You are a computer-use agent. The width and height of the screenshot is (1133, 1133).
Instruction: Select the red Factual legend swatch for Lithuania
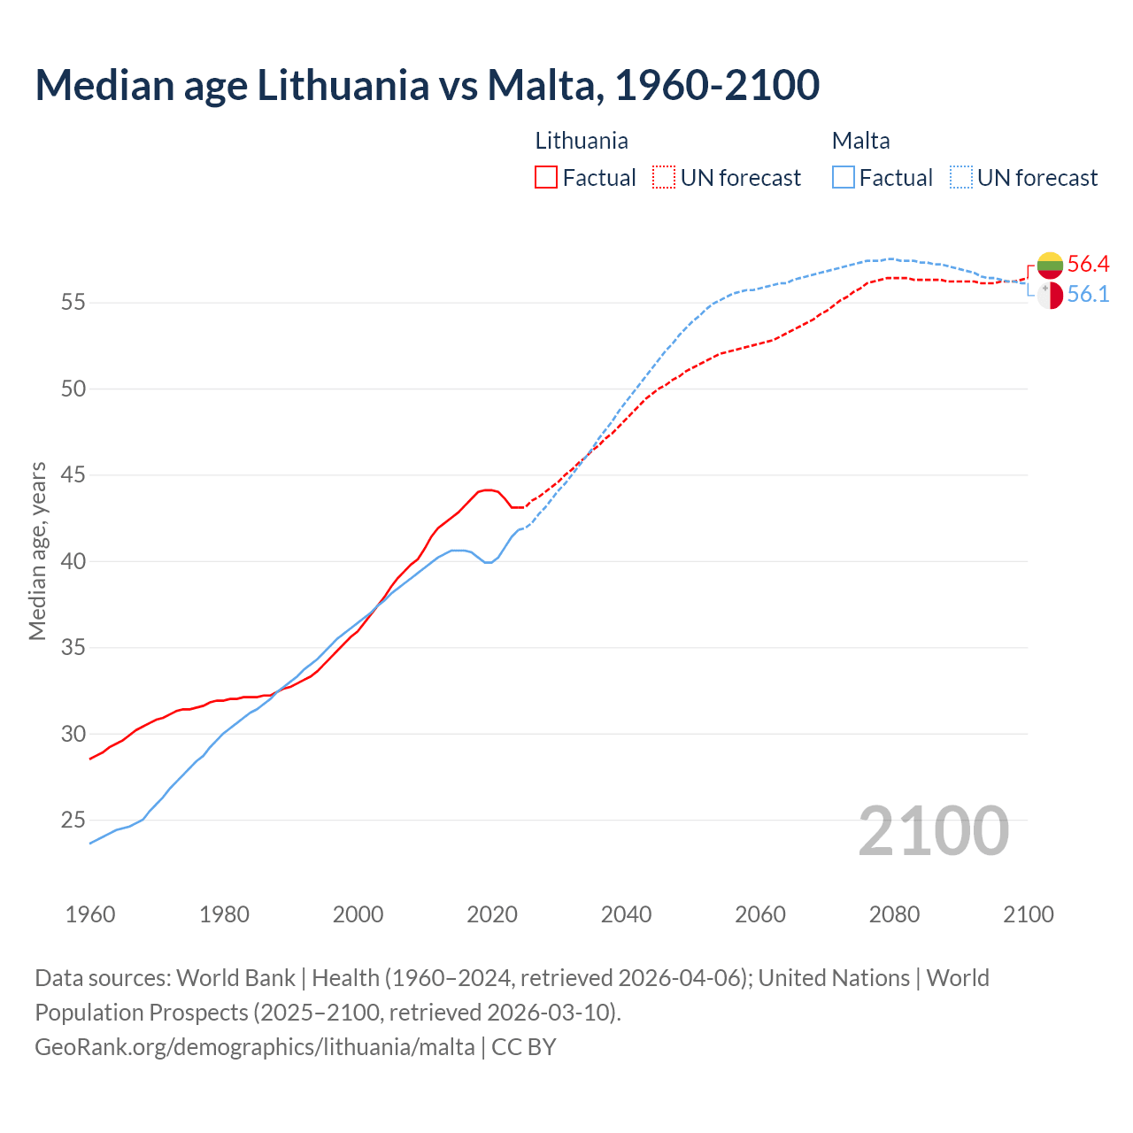(x=546, y=177)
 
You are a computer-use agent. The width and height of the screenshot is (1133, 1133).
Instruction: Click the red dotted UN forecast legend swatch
(x=664, y=177)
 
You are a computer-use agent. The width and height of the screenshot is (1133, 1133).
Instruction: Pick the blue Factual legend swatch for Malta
(x=844, y=177)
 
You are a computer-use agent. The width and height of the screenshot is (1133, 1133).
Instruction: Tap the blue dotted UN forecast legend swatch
(x=961, y=177)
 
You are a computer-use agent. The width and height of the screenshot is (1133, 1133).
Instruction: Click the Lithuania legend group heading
(x=582, y=141)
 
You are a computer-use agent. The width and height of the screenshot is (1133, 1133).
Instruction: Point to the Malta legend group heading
(x=860, y=141)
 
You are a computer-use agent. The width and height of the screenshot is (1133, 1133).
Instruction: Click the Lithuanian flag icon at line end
(x=1050, y=265)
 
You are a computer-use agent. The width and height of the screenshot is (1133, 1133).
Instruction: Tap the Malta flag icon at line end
(x=1050, y=296)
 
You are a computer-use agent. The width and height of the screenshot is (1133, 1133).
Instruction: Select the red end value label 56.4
(x=1088, y=264)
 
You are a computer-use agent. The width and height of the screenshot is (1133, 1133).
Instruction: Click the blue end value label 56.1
(x=1088, y=295)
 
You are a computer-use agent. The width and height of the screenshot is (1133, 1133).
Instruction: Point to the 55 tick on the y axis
(x=73, y=303)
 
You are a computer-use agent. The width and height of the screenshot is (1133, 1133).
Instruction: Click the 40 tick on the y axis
(x=73, y=561)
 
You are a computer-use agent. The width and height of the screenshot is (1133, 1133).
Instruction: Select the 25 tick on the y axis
(x=73, y=821)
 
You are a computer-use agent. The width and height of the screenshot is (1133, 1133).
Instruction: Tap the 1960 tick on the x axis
(x=90, y=914)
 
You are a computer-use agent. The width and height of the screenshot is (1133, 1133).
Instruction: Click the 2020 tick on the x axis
(x=492, y=914)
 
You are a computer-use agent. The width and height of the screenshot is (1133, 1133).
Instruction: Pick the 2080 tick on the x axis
(x=894, y=914)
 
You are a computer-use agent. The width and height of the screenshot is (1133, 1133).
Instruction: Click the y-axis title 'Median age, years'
(x=37, y=551)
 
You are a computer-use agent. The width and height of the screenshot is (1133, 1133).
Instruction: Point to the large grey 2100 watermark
(x=933, y=830)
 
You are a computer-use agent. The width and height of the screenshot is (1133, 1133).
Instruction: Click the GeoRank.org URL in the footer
(x=255, y=1047)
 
